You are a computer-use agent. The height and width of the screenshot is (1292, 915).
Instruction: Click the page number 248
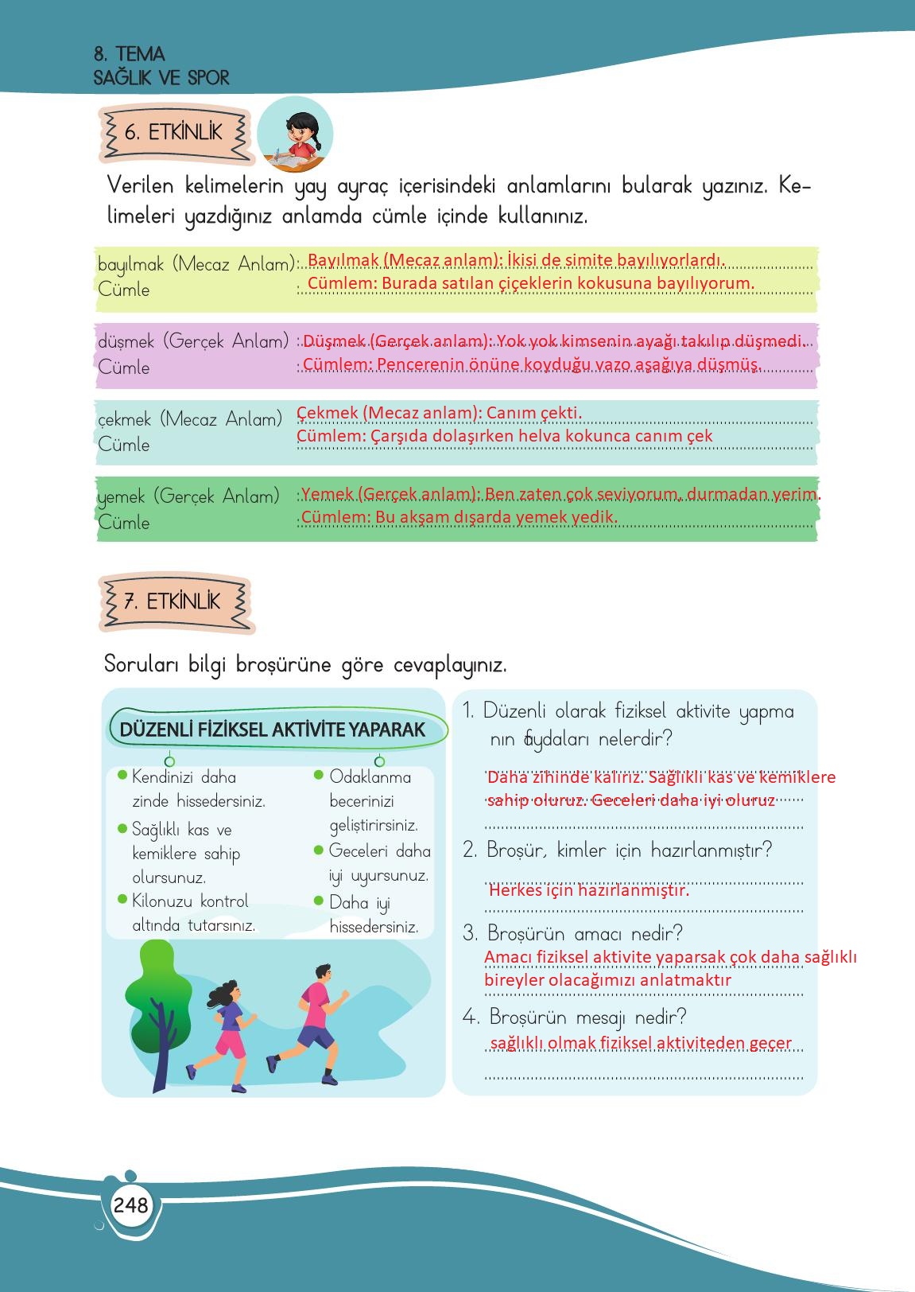pyautogui.click(x=130, y=1204)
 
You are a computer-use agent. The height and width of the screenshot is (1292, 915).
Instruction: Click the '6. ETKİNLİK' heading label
pyautogui.click(x=174, y=132)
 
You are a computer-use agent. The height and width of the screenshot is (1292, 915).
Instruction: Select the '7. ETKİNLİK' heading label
pyautogui.click(x=173, y=601)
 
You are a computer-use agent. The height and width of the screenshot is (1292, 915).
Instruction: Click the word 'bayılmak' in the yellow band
pyautogui.click(x=130, y=265)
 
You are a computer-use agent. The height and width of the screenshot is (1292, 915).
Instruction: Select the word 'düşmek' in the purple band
pyautogui.click(x=126, y=342)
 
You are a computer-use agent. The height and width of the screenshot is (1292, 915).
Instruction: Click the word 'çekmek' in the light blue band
pyautogui.click(x=124, y=420)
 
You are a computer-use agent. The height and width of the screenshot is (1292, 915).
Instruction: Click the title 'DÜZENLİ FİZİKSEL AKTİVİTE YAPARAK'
pyautogui.click(x=273, y=730)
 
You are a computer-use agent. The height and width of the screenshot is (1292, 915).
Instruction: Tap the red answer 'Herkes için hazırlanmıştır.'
pyautogui.click(x=589, y=889)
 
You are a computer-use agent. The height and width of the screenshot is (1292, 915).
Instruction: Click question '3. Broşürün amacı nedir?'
pyautogui.click(x=573, y=932)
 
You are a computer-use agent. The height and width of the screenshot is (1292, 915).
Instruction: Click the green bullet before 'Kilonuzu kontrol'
pyautogui.click(x=122, y=900)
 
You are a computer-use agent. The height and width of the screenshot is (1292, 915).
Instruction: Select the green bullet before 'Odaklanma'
pyautogui.click(x=319, y=775)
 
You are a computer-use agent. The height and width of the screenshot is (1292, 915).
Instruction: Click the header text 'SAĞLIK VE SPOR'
pyautogui.click(x=161, y=78)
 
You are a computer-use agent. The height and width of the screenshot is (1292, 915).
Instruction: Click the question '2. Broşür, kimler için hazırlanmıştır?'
pyautogui.click(x=618, y=850)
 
